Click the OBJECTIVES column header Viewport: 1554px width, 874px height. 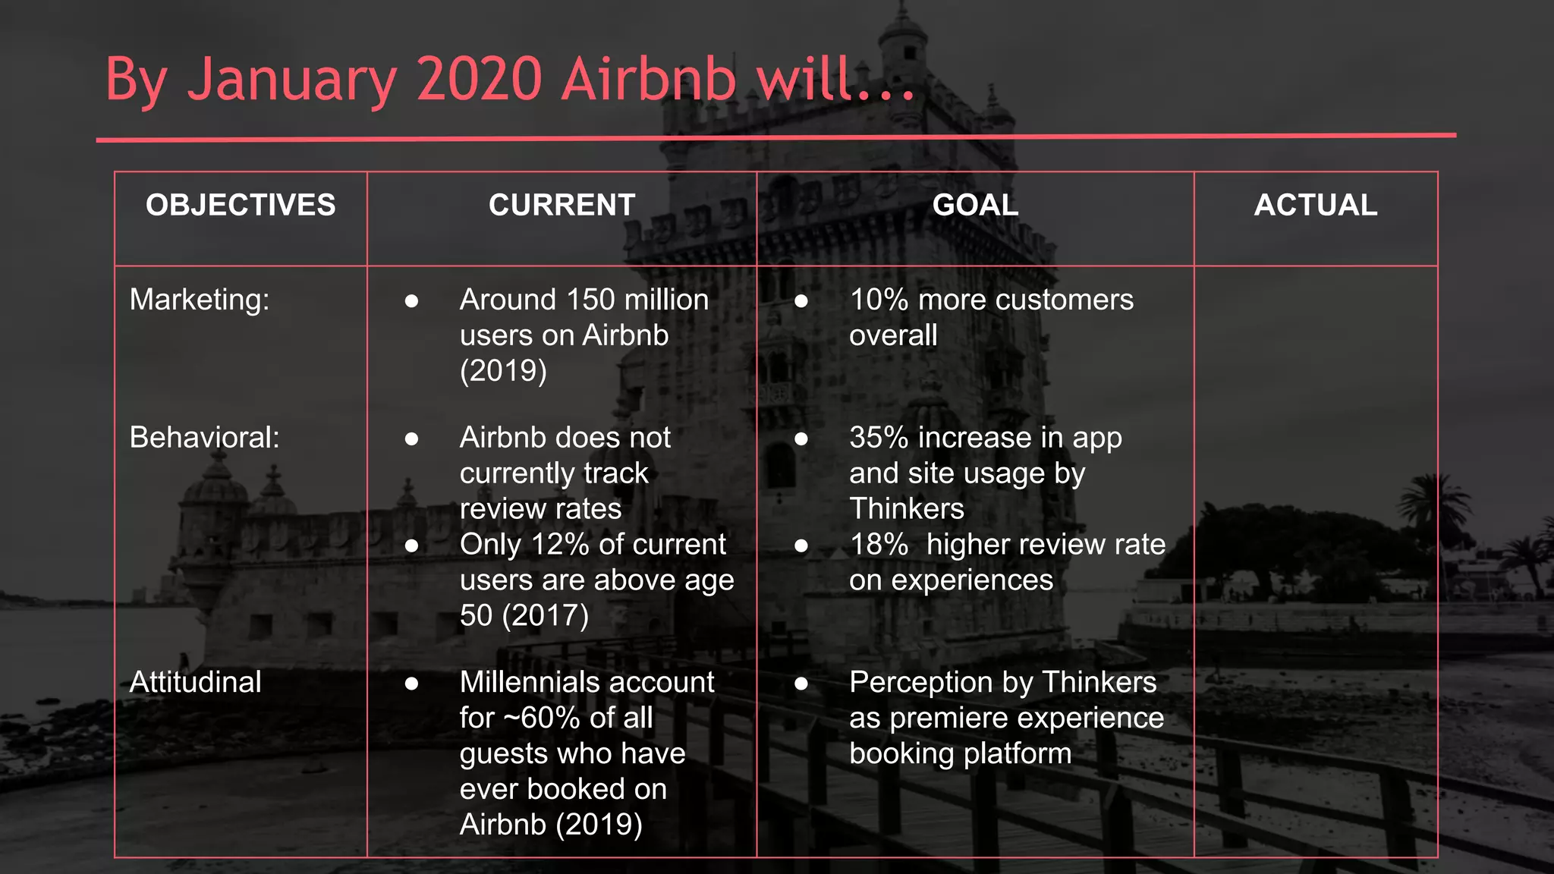(x=241, y=205)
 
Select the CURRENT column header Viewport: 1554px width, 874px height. (x=562, y=205)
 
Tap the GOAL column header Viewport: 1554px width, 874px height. (x=975, y=205)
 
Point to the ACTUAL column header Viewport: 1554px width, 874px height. (x=1315, y=205)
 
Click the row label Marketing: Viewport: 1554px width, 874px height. (x=200, y=300)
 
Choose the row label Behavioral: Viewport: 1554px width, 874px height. (x=204, y=438)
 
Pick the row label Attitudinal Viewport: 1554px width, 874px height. (x=195, y=682)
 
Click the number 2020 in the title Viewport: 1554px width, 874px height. (x=479, y=79)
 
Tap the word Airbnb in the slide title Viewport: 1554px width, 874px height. (x=649, y=79)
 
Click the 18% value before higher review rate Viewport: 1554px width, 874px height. (x=879, y=545)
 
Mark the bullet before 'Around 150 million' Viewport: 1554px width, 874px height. (x=412, y=301)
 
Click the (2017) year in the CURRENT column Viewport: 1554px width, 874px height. (x=546, y=615)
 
